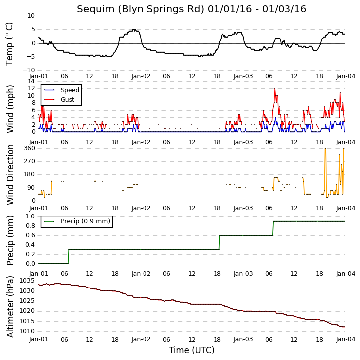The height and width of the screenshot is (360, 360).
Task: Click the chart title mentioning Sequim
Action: click(x=192, y=9)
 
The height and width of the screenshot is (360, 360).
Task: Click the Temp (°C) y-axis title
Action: click(x=9, y=44)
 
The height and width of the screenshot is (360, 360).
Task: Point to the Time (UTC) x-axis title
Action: click(x=192, y=350)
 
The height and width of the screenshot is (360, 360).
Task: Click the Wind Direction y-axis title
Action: click(x=10, y=174)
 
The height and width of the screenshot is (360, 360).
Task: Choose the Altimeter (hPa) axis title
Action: click(x=10, y=306)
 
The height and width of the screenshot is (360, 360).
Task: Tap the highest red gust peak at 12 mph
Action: click(x=275, y=88)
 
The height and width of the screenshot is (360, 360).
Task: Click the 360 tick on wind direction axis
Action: click(x=30, y=148)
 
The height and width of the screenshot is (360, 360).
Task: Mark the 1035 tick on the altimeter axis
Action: click(x=27, y=281)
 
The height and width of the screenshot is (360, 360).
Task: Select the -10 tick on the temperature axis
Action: click(x=28, y=70)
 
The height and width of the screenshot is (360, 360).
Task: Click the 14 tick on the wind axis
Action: click(x=31, y=81)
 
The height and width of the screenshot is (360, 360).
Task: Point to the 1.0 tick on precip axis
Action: click(x=30, y=216)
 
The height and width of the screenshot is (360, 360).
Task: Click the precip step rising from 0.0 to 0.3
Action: click(x=68, y=256)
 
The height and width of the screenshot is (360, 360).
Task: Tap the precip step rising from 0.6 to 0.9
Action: click(x=273, y=228)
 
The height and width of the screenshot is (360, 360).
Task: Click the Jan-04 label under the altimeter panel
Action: click(x=346, y=339)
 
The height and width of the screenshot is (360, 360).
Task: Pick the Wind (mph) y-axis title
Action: click(x=10, y=109)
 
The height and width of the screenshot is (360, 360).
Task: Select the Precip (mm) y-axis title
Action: click(x=10, y=240)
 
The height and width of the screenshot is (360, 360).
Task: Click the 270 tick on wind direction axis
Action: click(x=30, y=161)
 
